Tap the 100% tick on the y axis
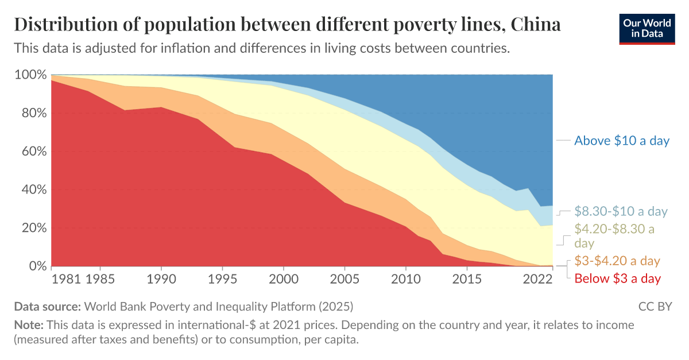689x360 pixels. click(30, 75)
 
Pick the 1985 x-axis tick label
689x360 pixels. click(100, 279)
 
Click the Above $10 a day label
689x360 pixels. click(622, 141)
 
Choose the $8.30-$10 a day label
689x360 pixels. click(621, 211)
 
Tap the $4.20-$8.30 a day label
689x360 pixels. click(614, 236)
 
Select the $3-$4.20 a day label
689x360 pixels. click(617, 261)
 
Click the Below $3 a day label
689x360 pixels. click(617, 278)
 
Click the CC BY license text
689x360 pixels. click(655, 306)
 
